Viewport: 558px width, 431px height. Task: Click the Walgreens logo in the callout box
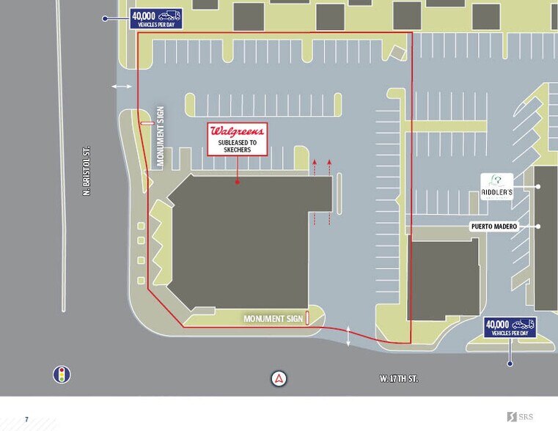[x=237, y=131]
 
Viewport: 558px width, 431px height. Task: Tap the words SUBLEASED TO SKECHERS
[x=237, y=145]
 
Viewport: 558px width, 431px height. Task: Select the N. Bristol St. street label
[x=86, y=171]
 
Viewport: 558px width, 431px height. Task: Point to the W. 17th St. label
[x=399, y=379]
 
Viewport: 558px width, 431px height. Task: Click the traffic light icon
[x=62, y=375]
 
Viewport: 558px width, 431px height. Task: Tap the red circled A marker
[x=279, y=379]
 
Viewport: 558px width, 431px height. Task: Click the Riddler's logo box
[x=496, y=185]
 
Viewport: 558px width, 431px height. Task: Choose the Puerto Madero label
[x=493, y=226]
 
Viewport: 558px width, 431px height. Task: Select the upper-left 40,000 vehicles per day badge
[x=155, y=18]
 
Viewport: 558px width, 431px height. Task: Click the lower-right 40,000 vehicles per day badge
[x=510, y=328]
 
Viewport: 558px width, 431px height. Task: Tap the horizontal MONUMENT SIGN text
[x=272, y=319]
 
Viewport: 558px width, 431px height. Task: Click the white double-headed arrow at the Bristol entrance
[x=122, y=86]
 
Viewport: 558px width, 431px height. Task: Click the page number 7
[x=26, y=419]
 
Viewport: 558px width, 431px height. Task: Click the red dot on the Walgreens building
[x=237, y=181]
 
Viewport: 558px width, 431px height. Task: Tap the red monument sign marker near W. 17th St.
[x=307, y=318]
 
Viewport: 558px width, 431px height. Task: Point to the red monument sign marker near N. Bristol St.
[x=147, y=124]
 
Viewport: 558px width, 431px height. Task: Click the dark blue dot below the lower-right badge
[x=510, y=363]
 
